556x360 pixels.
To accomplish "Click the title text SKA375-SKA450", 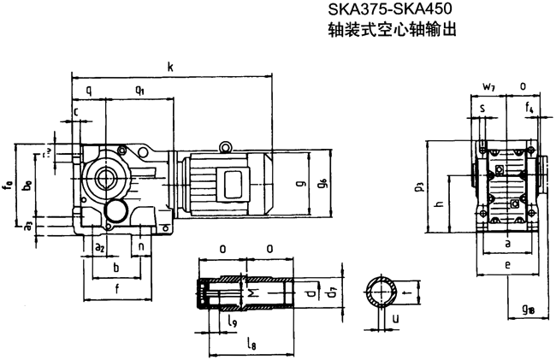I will (388, 11).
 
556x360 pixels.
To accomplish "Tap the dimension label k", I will (170, 66).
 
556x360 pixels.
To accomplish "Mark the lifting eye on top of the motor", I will (226, 148).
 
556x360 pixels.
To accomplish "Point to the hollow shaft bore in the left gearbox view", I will (107, 180).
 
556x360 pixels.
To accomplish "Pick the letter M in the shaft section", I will (251, 296).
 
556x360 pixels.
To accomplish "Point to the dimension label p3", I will (418, 186).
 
